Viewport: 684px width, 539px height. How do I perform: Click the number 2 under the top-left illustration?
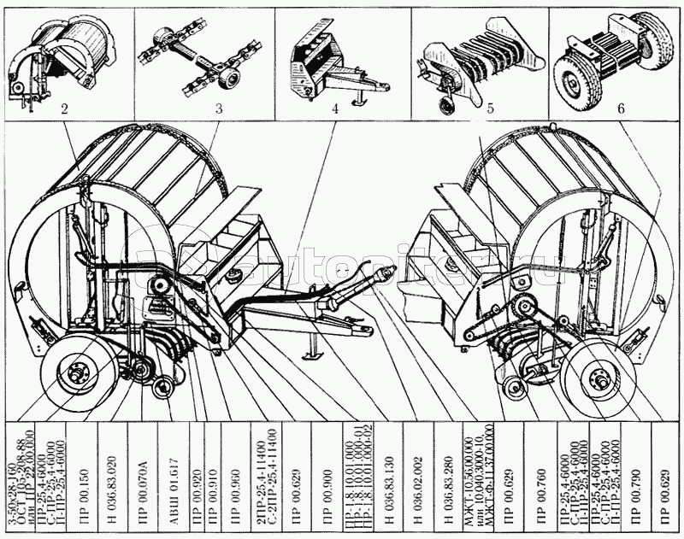coord(64,109)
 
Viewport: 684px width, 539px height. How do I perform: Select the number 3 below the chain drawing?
coord(218,109)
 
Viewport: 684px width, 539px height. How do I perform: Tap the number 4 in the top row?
coord(335,109)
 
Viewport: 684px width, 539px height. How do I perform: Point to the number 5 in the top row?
coord(490,109)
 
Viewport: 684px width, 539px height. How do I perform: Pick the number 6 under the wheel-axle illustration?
coord(621,109)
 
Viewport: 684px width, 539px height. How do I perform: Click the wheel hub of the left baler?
coord(78,372)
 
